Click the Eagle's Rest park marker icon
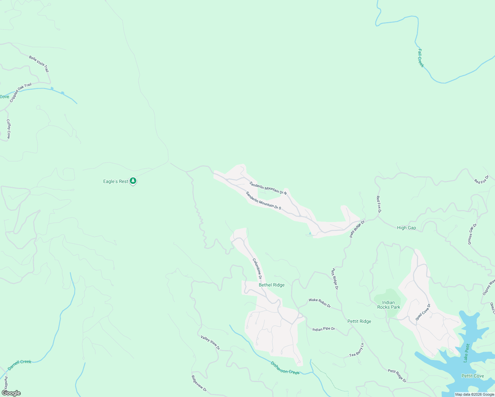(x=133, y=181)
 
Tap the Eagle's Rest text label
(x=115, y=181)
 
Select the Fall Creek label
(x=420, y=58)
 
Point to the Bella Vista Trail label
(x=39, y=64)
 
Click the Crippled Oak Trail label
(x=21, y=93)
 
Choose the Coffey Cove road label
(x=9, y=129)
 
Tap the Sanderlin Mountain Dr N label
(x=268, y=188)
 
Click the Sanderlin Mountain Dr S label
(x=263, y=201)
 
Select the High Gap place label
(x=406, y=228)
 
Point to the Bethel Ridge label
(x=271, y=285)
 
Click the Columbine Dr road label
(x=257, y=269)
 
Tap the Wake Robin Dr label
(x=320, y=303)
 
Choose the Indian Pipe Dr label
(x=324, y=329)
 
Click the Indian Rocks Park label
(x=388, y=305)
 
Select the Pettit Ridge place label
(x=359, y=321)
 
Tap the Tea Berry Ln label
(x=357, y=350)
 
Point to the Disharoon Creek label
(x=285, y=368)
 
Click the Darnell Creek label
(x=20, y=364)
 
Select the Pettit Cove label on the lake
(x=472, y=376)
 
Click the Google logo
(x=11, y=393)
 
